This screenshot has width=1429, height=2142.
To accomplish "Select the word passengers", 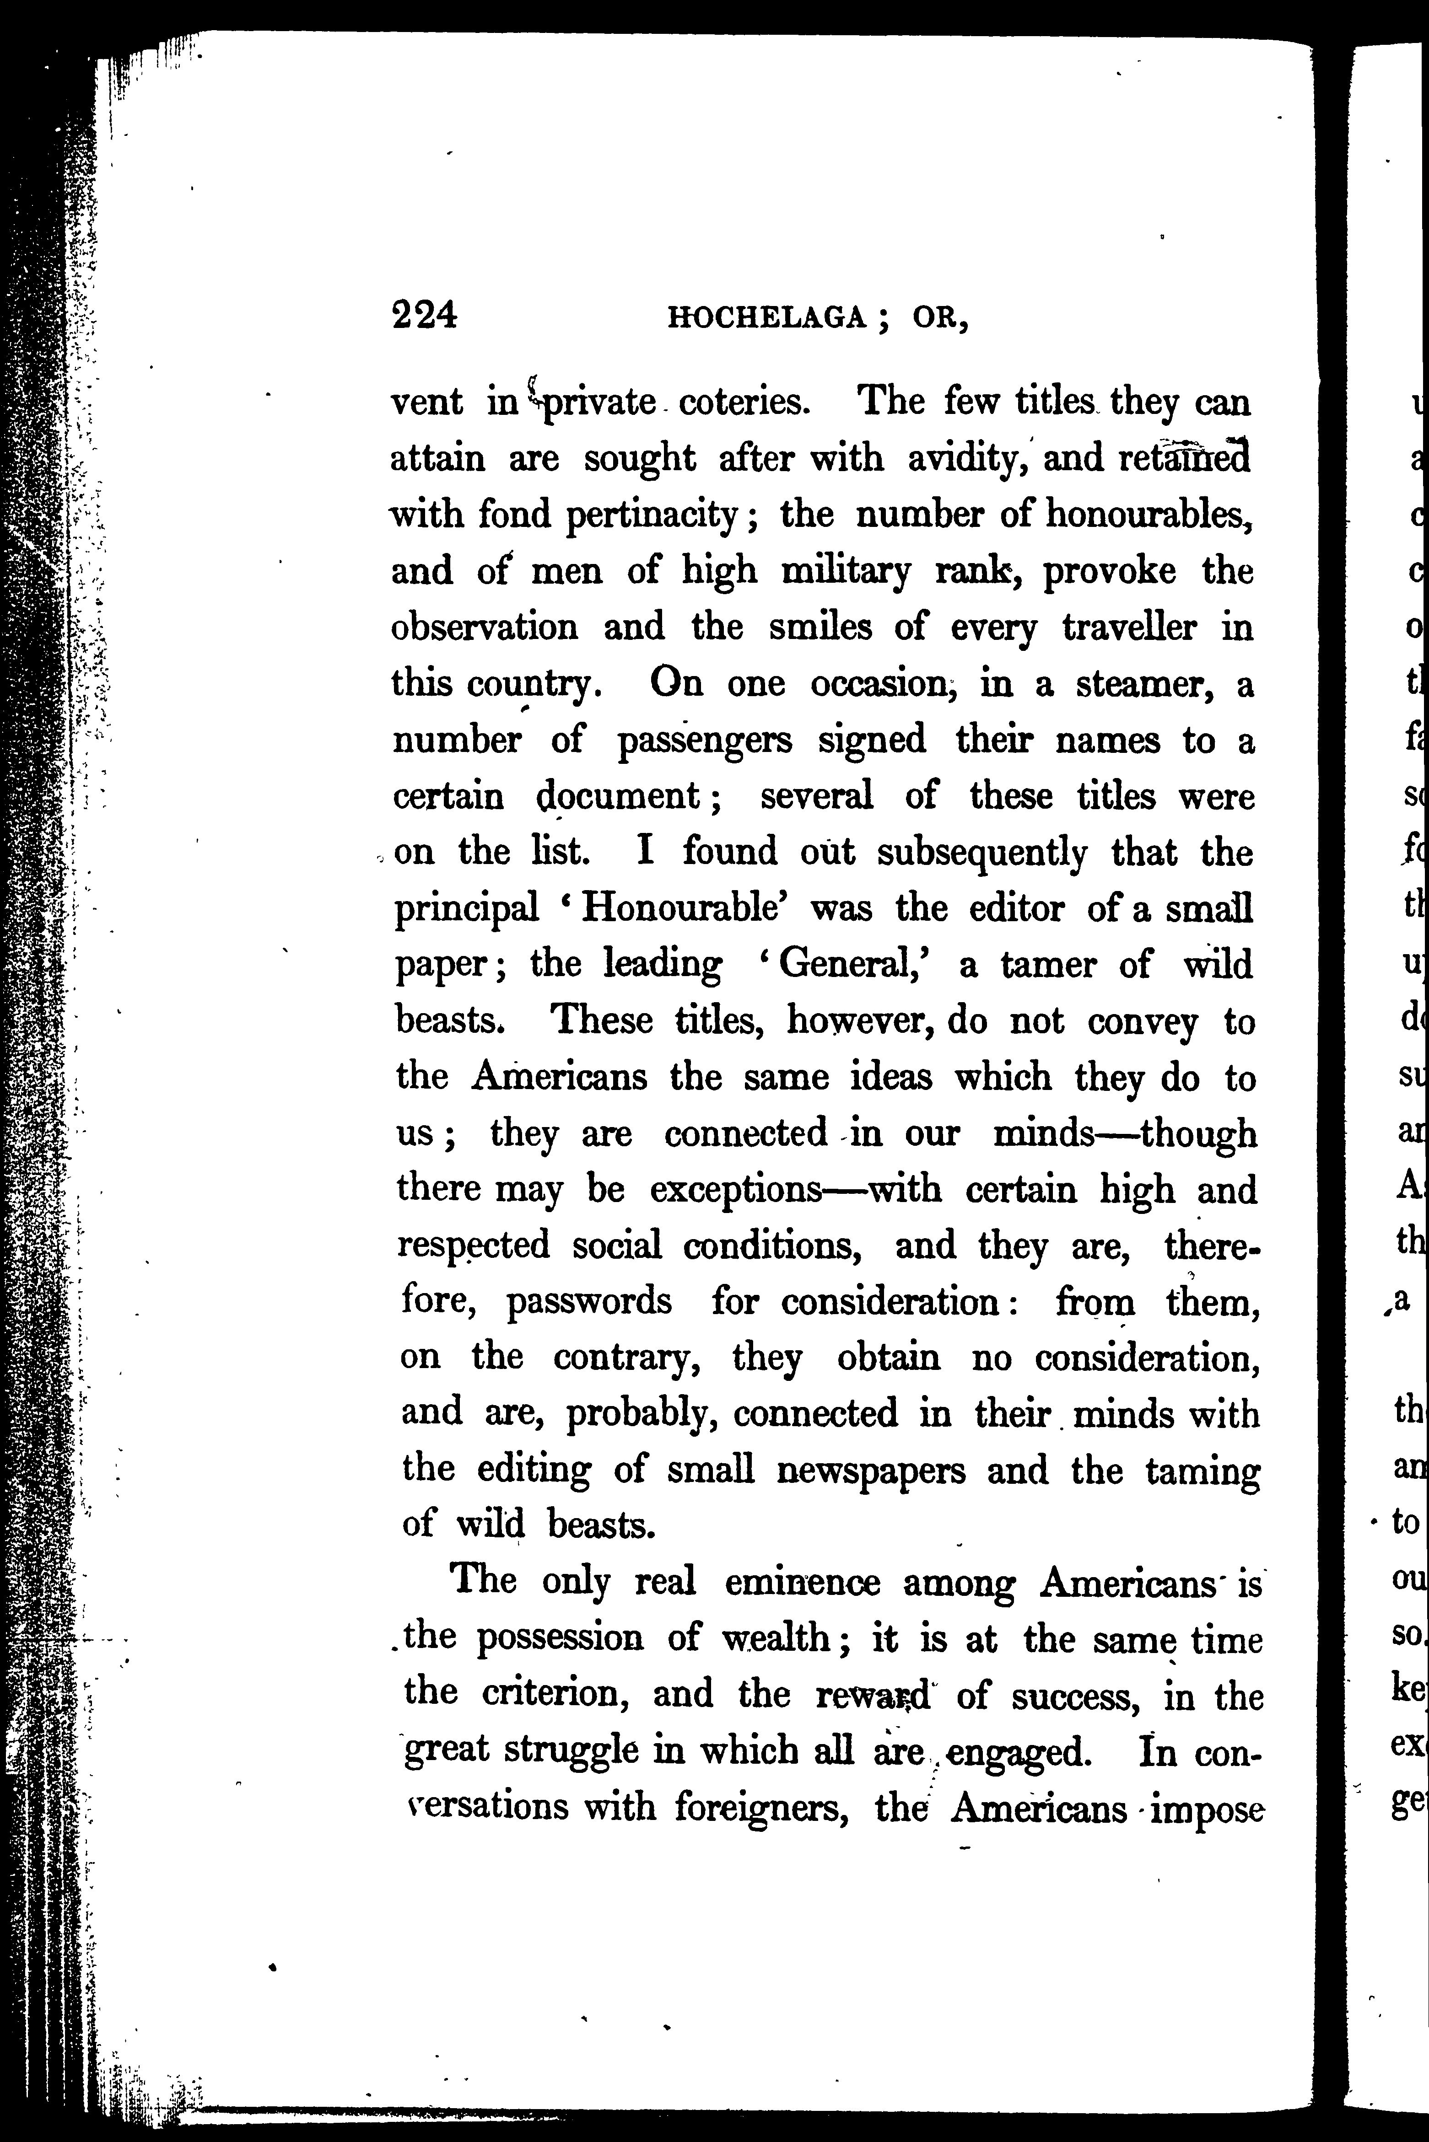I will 705,741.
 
